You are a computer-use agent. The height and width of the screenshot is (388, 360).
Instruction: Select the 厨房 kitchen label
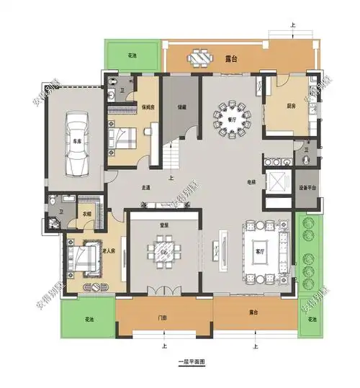pyautogui.click(x=291, y=106)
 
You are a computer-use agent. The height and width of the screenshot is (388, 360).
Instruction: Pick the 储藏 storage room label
pyautogui.click(x=182, y=107)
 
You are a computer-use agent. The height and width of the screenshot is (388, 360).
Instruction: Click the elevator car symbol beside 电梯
pyautogui.click(x=276, y=180)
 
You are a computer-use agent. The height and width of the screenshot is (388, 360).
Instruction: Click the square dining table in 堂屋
pyautogui.click(x=163, y=252)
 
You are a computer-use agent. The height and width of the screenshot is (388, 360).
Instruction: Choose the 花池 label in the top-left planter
pyautogui.click(x=132, y=55)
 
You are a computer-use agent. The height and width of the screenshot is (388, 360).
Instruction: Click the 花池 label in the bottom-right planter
pyautogui.click(x=311, y=319)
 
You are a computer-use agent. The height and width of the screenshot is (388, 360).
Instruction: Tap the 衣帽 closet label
pyautogui.click(x=85, y=213)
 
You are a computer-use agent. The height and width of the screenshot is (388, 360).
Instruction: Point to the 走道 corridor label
pyautogui.click(x=146, y=188)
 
